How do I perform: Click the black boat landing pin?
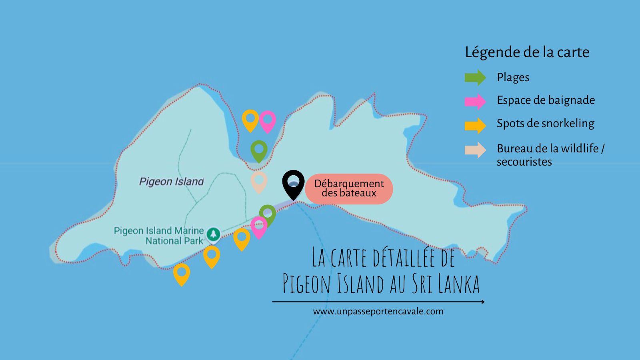[x=293, y=183]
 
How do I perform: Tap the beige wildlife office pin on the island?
[x=259, y=181]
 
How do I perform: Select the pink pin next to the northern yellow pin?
[x=268, y=120]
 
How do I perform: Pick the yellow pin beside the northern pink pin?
[x=250, y=119]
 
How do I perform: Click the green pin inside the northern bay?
[x=259, y=150]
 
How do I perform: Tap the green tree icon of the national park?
[x=213, y=234]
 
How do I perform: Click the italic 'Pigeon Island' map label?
[x=171, y=182]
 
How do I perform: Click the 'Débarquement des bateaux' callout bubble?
[x=349, y=188]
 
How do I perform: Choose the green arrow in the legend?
[x=475, y=78]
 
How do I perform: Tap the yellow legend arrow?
[x=475, y=125]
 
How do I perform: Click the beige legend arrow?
[x=475, y=150]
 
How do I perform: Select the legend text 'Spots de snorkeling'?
[x=545, y=124]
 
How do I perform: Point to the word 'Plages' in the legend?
[x=513, y=78]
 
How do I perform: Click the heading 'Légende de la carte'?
[x=527, y=52]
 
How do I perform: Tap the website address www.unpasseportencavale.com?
[x=378, y=311]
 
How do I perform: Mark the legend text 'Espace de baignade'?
[x=546, y=100]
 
